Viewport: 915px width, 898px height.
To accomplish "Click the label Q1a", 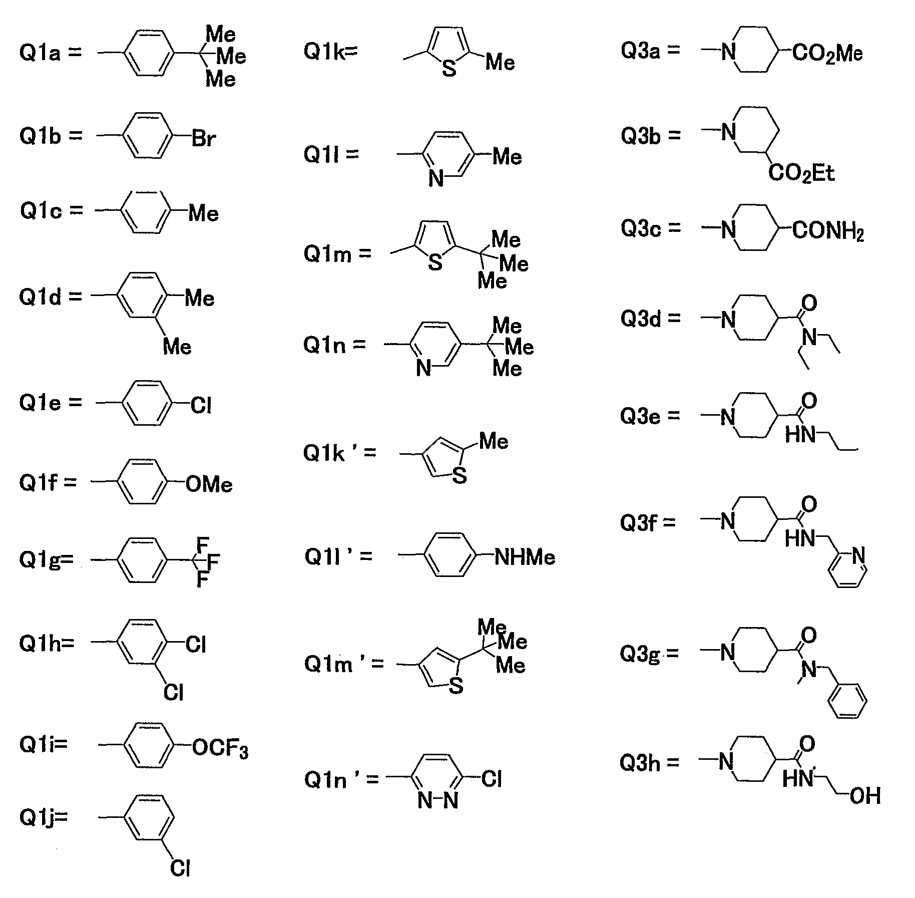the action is (x=40, y=52).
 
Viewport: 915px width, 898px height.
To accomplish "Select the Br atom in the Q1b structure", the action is (x=204, y=138).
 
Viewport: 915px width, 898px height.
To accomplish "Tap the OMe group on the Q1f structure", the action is (x=209, y=484).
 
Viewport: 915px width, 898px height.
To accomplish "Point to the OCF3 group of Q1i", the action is (x=220, y=749).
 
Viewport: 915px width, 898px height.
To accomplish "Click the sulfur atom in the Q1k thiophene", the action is (x=449, y=68).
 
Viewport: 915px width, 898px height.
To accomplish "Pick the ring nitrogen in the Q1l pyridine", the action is (x=436, y=178).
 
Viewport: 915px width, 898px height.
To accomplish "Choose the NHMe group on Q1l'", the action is (x=525, y=557).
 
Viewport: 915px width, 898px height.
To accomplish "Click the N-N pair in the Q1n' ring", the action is (x=438, y=801).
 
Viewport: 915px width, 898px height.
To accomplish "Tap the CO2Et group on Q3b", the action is (x=802, y=174).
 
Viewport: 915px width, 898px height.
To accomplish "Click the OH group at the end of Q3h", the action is (x=865, y=796).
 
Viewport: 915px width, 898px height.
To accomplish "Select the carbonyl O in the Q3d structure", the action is (x=809, y=303).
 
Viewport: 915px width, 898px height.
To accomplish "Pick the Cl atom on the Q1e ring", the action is (x=201, y=405).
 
